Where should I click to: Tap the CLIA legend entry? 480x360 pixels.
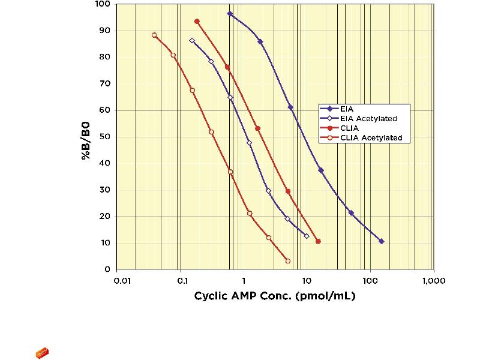[349, 128]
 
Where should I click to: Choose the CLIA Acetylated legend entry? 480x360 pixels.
[366, 138]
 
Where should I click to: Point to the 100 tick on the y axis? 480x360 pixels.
[102, 4]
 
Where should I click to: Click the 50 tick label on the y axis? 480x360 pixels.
[104, 137]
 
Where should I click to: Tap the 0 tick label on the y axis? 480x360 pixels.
[107, 269]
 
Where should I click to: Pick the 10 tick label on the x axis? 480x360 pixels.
[306, 281]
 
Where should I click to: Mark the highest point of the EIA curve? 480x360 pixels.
[230, 13]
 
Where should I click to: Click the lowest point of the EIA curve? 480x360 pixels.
[382, 241]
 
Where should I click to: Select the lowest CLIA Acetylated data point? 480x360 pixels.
[288, 261]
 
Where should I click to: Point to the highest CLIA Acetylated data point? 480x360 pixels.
[154, 35]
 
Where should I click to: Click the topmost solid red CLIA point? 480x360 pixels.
[197, 21]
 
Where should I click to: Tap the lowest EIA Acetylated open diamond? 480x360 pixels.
[307, 236]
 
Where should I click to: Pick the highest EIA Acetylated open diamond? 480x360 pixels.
[192, 41]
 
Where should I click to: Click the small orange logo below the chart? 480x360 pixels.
[42, 353]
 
